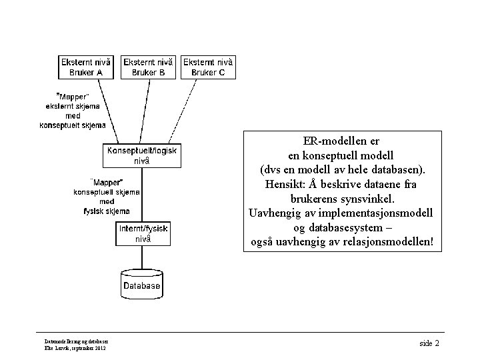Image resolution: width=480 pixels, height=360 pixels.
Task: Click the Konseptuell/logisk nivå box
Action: coord(142,155)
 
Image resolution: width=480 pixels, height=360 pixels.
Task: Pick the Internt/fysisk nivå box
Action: coord(143,233)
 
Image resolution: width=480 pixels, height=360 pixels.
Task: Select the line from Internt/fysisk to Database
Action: coord(142,257)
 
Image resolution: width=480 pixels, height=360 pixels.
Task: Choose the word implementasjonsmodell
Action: coord(369,213)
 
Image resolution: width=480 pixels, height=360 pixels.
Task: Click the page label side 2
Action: coord(429,343)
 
